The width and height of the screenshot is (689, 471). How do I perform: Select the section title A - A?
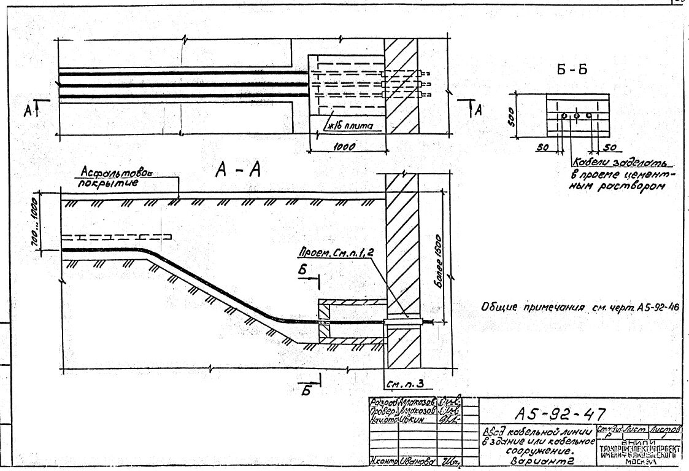tap(238, 171)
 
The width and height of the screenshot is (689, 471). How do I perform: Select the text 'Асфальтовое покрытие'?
tap(118, 178)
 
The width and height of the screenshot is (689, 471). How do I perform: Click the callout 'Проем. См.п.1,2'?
tap(337, 252)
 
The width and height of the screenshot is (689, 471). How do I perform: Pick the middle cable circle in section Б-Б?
tap(576, 115)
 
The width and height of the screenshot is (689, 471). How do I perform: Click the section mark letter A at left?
tap(28, 111)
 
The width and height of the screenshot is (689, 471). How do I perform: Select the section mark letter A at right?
tap(478, 110)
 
